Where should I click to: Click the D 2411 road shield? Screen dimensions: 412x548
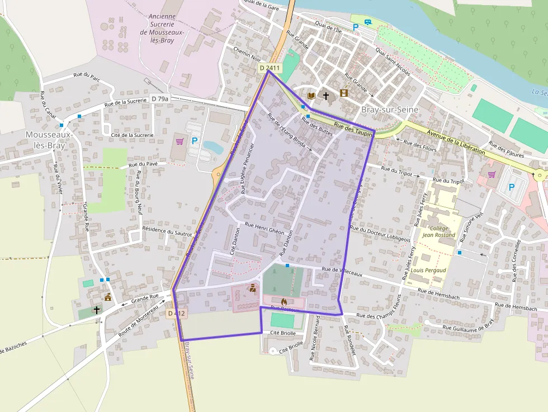click(x=270, y=68)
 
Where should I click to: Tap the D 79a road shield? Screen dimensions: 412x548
click(x=160, y=98)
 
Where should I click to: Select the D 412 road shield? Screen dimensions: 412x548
click(x=176, y=314)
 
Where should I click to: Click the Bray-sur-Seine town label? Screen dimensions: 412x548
click(x=390, y=110)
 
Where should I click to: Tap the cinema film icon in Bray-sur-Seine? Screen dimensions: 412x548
click(x=343, y=93)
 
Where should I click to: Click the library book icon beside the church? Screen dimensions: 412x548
click(x=311, y=96)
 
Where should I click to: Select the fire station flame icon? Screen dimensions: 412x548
click(x=283, y=301)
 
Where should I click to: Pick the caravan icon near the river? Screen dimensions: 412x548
click(x=367, y=22)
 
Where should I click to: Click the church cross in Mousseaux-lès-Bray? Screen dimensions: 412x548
click(x=97, y=309)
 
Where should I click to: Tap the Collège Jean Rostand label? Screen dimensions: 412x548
click(x=438, y=231)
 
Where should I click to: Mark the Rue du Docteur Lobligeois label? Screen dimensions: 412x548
click(x=380, y=233)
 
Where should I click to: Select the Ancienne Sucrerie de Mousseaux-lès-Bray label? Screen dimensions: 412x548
click(x=162, y=29)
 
